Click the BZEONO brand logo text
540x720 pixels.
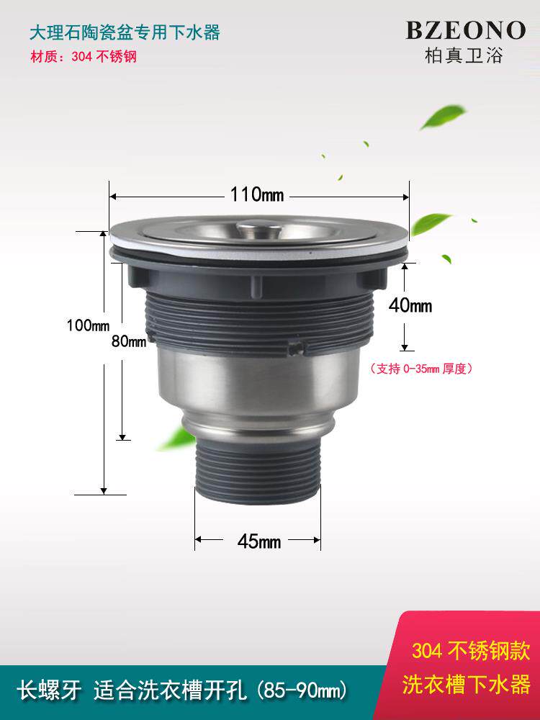[465, 30]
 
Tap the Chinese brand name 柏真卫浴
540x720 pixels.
[464, 55]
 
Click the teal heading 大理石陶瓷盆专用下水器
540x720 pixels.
[125, 32]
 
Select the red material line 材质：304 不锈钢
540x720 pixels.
[84, 56]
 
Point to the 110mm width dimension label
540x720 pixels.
[257, 195]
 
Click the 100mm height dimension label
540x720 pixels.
[88, 325]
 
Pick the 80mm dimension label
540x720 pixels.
[129, 341]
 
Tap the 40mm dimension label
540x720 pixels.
[410, 305]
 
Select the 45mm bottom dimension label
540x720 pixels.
[259, 542]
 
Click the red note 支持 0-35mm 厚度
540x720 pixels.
[421, 368]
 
